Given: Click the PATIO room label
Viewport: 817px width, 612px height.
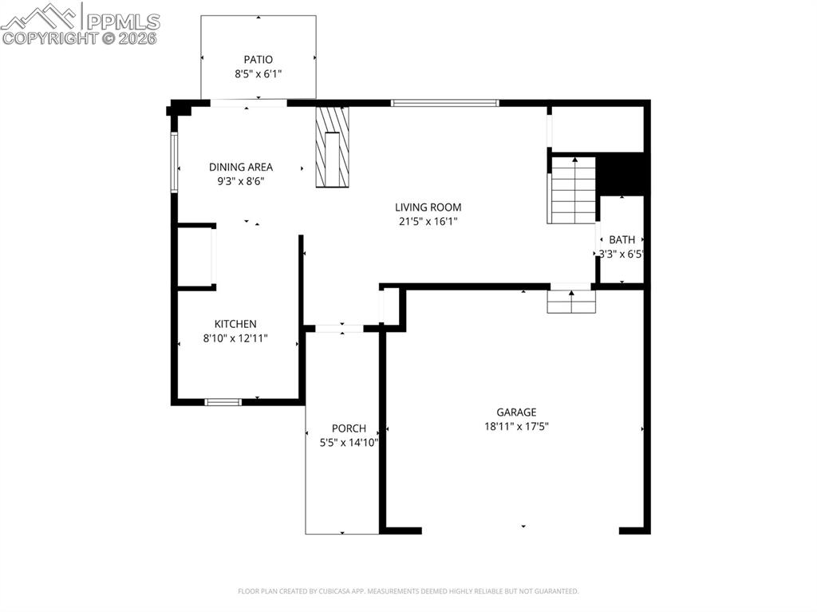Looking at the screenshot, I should (258, 59).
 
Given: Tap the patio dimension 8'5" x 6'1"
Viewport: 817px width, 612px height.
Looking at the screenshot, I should (258, 73).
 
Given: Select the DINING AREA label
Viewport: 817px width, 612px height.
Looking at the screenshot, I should (240, 167).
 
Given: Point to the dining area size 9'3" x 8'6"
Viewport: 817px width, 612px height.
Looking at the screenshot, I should (240, 181).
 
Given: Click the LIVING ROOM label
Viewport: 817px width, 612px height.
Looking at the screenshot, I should (428, 207).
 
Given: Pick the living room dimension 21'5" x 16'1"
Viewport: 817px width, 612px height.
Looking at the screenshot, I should (428, 222).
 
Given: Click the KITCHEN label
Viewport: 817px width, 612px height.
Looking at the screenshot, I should (235, 324).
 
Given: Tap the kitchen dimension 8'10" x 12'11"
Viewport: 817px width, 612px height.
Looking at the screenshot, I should (235, 338).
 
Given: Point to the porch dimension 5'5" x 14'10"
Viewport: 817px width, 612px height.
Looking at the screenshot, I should (343, 443).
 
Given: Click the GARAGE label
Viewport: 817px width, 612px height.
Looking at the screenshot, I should (516, 413).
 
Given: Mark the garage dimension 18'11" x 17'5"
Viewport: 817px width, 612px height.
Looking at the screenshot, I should (516, 426).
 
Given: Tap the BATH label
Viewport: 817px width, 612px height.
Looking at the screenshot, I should (622, 239).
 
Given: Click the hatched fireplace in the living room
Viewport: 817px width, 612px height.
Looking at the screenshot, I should (332, 147).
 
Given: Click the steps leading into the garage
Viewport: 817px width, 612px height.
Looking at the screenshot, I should (571, 302).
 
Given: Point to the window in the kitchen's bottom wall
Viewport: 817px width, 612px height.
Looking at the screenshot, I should (223, 401).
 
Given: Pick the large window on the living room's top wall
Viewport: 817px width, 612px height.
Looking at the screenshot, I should (444, 103).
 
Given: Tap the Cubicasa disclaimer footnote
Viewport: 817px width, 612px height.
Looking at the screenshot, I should (408, 591).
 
